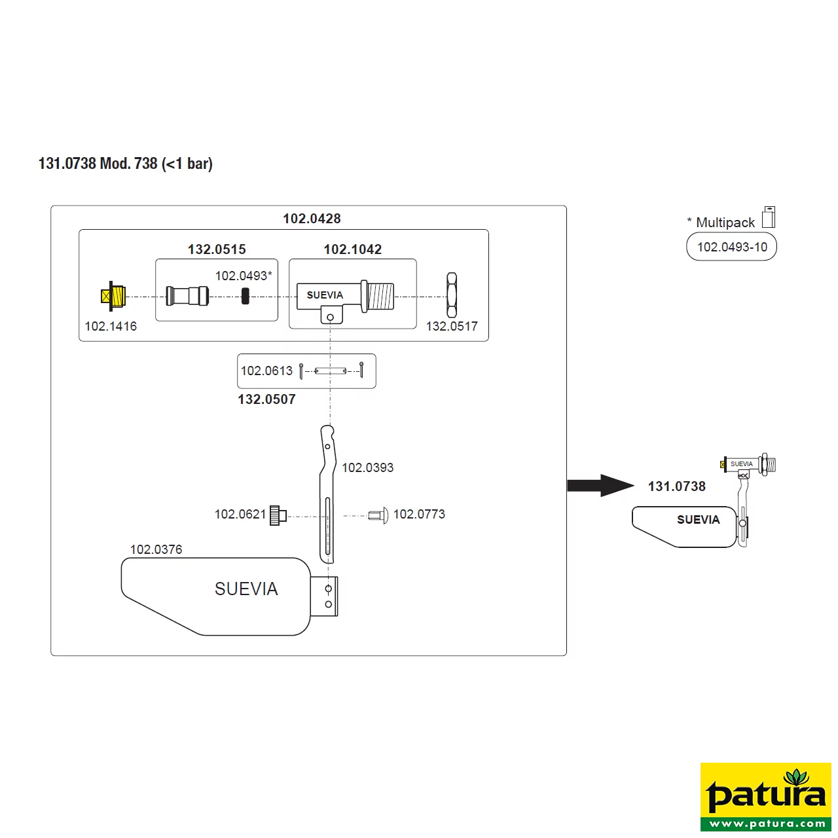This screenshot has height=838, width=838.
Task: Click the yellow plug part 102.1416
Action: pyautogui.click(x=113, y=296)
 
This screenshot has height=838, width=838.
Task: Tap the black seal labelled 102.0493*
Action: pyautogui.click(x=246, y=296)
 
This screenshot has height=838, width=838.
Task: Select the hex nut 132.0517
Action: pyautogui.click(x=452, y=295)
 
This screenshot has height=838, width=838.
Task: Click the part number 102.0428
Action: pyautogui.click(x=312, y=218)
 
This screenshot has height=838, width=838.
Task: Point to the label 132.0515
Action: pyautogui.click(x=217, y=249)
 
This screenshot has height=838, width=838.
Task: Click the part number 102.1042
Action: pyautogui.click(x=353, y=249)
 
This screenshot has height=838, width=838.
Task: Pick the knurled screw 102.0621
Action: pyautogui.click(x=278, y=515)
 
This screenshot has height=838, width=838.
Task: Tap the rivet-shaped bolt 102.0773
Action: pyautogui.click(x=378, y=515)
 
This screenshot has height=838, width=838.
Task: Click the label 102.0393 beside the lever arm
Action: pyautogui.click(x=367, y=467)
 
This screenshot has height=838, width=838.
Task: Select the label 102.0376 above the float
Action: pyautogui.click(x=156, y=549)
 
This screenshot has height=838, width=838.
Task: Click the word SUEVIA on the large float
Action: pyautogui.click(x=246, y=589)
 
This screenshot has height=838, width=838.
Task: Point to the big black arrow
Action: pyautogui.click(x=600, y=485)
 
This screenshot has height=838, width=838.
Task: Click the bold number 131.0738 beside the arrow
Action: pyautogui.click(x=677, y=486)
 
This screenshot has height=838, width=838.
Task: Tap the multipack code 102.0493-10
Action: pyautogui.click(x=733, y=247)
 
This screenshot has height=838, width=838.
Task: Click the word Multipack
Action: pyautogui.click(x=725, y=223)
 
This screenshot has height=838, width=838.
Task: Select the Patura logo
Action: pyautogui.click(x=766, y=797)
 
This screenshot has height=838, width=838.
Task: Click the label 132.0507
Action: pyautogui.click(x=266, y=399)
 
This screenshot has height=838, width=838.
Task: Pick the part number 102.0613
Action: pyautogui.click(x=266, y=371)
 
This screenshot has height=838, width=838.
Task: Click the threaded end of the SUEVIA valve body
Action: pyautogui.click(x=380, y=296)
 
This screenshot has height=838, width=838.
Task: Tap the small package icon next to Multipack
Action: pyautogui.click(x=769, y=217)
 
